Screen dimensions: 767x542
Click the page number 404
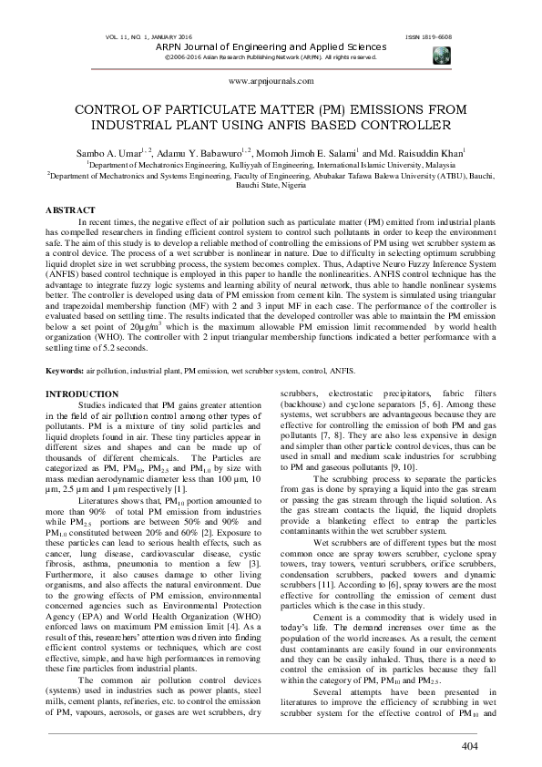pos(469,747)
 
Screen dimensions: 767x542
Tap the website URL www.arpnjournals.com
pos(271,81)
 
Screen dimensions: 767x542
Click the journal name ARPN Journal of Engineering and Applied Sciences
pos(270,45)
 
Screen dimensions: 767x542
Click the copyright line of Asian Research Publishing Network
pos(270,56)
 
